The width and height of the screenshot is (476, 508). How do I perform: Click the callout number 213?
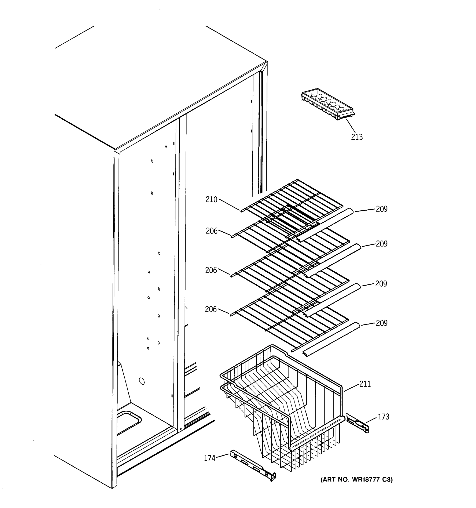click(356, 137)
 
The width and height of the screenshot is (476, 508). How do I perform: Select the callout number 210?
click(211, 200)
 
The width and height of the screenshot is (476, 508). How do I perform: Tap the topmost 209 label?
click(381, 209)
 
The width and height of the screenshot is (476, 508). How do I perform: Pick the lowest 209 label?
click(381, 323)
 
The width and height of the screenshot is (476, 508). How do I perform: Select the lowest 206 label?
click(211, 309)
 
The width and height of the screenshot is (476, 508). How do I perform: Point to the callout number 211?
click(365, 384)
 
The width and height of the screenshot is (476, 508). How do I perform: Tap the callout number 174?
click(210, 458)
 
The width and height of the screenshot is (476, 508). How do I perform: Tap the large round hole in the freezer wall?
click(142, 381)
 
